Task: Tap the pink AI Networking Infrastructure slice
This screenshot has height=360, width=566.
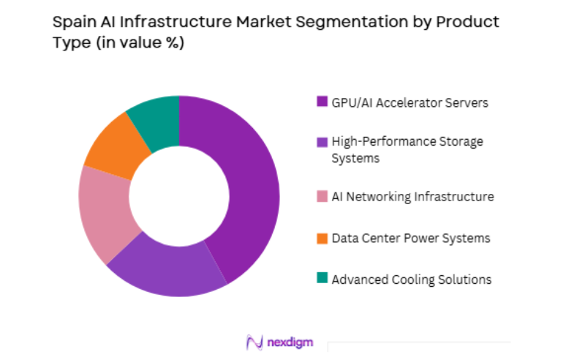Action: (x=107, y=212)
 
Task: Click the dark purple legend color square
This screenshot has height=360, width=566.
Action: (x=321, y=102)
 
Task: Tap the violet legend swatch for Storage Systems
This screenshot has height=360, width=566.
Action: (x=321, y=141)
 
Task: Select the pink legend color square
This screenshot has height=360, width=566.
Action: (x=321, y=197)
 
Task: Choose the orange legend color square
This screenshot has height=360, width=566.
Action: (x=321, y=238)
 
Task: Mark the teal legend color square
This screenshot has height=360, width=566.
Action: (x=321, y=280)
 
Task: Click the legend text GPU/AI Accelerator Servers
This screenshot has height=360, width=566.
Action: (x=410, y=102)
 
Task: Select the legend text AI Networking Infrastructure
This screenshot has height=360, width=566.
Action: (x=412, y=197)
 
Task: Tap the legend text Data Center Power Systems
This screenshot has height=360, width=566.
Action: (x=410, y=238)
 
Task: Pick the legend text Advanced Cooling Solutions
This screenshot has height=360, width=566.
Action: (x=411, y=280)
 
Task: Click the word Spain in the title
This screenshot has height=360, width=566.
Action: (x=71, y=22)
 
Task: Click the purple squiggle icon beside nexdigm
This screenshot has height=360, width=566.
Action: (x=254, y=342)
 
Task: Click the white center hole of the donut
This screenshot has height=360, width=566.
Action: (x=179, y=196)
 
